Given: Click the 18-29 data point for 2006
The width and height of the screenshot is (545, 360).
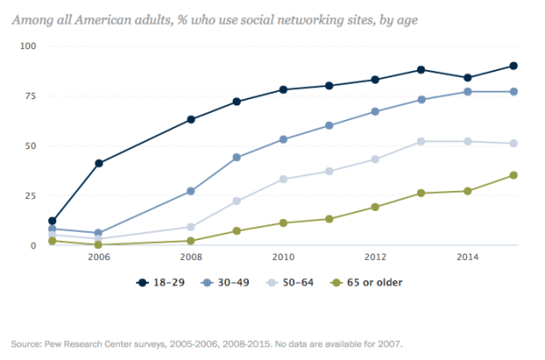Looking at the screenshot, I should click(x=98, y=164).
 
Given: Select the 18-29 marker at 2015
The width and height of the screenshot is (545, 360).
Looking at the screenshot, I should click(x=513, y=65).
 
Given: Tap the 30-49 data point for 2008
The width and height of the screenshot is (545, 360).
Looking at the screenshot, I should click(x=190, y=191).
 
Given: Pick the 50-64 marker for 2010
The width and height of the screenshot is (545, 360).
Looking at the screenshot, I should click(x=282, y=179).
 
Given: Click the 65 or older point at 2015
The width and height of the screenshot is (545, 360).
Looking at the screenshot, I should click(x=513, y=175).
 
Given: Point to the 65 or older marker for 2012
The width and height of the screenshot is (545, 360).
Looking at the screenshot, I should click(x=375, y=207).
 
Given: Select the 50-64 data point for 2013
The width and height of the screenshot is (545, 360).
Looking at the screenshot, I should click(x=421, y=141).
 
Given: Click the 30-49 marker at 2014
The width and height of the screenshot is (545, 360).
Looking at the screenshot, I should click(x=468, y=92).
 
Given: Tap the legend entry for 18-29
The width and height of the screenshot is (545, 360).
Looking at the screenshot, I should click(x=158, y=283).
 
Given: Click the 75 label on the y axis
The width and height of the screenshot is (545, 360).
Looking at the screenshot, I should click(x=29, y=95).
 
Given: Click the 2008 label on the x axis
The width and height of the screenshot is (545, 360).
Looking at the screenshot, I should click(x=190, y=258).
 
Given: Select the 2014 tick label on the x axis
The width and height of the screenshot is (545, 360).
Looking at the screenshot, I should click(x=468, y=258).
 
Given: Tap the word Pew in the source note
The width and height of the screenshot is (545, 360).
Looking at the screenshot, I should click(x=45, y=345).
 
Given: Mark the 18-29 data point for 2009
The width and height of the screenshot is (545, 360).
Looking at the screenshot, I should click(x=236, y=102).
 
